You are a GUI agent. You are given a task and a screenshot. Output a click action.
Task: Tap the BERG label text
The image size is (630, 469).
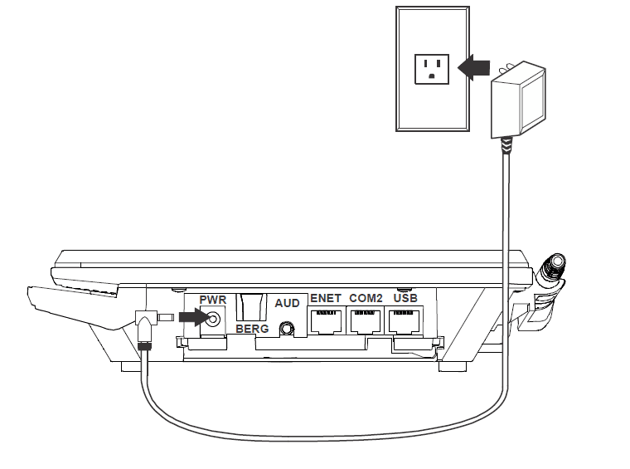(253, 329)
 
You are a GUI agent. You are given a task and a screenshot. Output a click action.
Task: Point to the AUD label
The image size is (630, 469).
(287, 305)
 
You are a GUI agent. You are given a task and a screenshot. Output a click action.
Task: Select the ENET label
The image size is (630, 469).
(326, 298)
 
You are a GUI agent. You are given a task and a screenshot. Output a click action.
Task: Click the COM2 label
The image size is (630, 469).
(366, 298)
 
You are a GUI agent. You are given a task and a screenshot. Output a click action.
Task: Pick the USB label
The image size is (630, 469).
(405, 298)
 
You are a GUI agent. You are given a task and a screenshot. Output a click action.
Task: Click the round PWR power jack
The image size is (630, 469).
(215, 318)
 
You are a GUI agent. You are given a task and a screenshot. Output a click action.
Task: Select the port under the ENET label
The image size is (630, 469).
(326, 320)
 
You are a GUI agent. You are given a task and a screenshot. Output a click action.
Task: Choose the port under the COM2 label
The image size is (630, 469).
(366, 320)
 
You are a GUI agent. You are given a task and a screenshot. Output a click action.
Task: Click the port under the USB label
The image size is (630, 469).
(405, 320)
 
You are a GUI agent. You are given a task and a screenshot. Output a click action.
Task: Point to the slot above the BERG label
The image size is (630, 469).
(252, 306)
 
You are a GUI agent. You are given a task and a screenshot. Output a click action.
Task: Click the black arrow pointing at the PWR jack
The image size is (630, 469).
(190, 317)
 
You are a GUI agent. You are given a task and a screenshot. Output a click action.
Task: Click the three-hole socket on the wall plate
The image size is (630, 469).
(431, 67)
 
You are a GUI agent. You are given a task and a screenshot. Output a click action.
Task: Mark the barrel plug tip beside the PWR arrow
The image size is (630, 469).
(165, 317)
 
